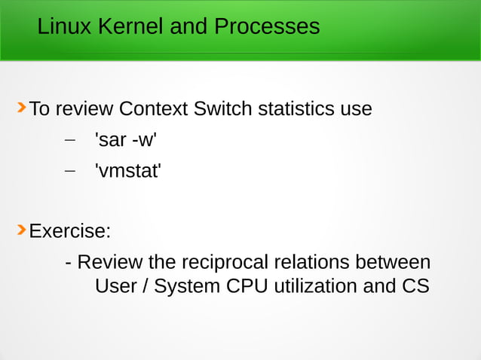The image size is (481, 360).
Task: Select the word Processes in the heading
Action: click(x=266, y=27)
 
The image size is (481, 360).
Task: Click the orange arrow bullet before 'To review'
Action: click(x=21, y=108)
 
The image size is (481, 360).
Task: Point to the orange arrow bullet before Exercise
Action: click(x=21, y=229)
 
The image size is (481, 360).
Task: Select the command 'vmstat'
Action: click(x=127, y=171)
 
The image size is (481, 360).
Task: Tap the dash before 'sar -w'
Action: click(x=70, y=140)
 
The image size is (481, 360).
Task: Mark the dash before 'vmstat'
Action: click(x=70, y=171)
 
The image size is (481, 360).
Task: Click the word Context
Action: click(x=153, y=109)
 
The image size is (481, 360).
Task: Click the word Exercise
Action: click(x=70, y=230)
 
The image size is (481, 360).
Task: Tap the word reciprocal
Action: click(x=224, y=263)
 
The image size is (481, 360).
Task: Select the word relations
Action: click(x=310, y=263)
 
